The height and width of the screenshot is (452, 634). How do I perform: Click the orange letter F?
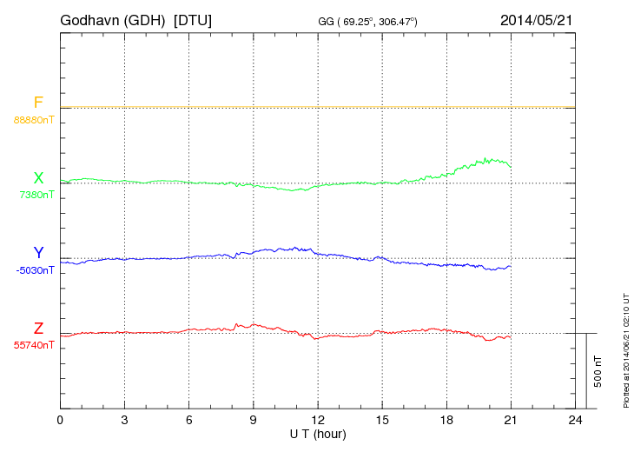[38, 103]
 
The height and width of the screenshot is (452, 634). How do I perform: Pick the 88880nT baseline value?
[34, 120]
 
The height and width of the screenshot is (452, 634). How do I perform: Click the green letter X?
[38, 178]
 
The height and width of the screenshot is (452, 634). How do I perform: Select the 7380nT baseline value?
[36, 195]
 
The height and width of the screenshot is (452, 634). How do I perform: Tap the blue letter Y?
[38, 253]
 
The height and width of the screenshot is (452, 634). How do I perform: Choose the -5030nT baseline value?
[35, 269]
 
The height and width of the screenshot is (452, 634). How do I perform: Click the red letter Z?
[38, 329]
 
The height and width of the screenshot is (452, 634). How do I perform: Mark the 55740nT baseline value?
[34, 345]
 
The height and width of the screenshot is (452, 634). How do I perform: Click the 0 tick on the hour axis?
[60, 421]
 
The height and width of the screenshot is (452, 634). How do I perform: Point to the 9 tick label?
[253, 421]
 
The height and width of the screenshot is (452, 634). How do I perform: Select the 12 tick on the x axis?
[317, 421]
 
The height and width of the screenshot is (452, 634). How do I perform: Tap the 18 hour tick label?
[446, 421]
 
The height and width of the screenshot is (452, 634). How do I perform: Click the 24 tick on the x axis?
[575, 421]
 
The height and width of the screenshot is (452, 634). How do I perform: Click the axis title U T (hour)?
[318, 433]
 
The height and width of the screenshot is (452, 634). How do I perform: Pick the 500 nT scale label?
[598, 371]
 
